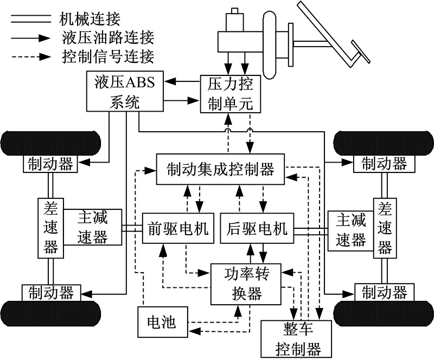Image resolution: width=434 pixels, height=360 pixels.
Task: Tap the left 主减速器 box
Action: coord(93,227)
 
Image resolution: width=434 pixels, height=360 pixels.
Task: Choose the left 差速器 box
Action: coord(51,227)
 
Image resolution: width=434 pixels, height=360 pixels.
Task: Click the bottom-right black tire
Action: coord(384,313)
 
